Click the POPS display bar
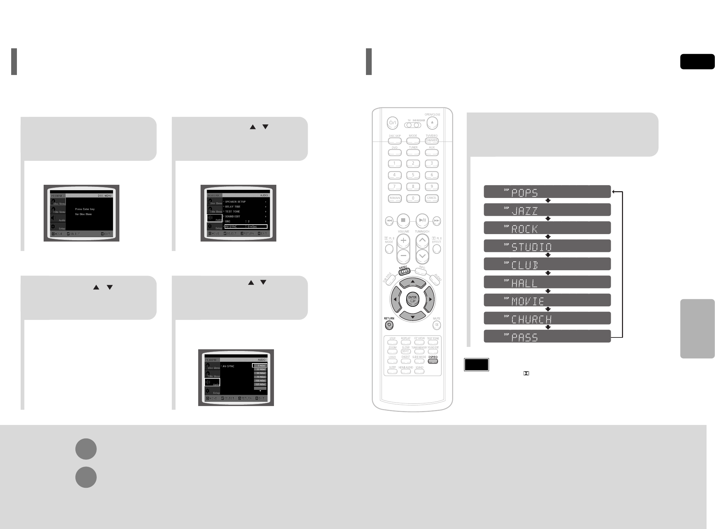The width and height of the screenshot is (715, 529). point(547,192)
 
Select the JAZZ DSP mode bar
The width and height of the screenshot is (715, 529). point(547,210)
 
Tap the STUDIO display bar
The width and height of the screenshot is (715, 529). point(547,246)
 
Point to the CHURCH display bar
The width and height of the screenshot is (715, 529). point(547,318)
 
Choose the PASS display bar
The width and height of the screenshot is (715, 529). point(547,336)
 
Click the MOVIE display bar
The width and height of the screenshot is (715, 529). point(547,300)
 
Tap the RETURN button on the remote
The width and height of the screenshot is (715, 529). point(389,325)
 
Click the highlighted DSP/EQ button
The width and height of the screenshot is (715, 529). point(433,361)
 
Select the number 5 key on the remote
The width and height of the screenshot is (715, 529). point(413,175)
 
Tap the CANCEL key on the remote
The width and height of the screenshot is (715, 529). point(431,198)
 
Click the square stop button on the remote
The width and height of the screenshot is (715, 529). point(403,220)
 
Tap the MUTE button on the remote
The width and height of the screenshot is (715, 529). point(437,325)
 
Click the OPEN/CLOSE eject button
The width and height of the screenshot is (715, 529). point(432,123)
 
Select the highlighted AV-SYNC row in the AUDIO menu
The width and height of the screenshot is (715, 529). point(246,226)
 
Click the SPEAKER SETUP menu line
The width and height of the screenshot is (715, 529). point(235,202)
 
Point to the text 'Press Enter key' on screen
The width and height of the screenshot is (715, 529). point(85,209)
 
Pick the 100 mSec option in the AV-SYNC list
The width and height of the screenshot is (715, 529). point(260,381)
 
